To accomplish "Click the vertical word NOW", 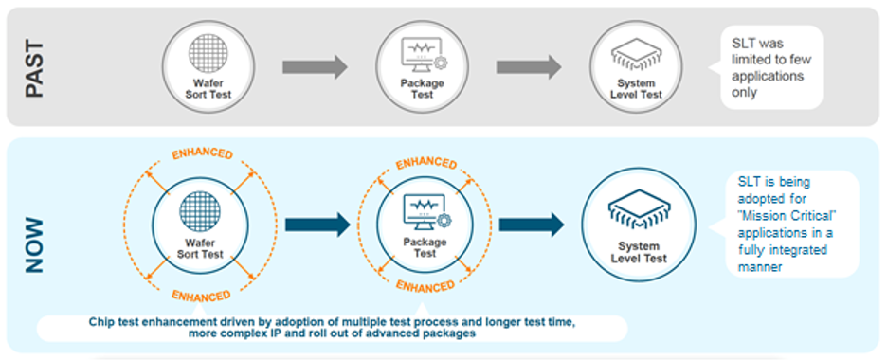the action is [x=34, y=245].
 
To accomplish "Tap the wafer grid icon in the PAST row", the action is [x=208, y=55].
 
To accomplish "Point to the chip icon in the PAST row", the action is [x=636, y=54].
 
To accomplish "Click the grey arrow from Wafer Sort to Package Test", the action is [x=315, y=67].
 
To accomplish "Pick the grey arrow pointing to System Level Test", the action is [x=529, y=67].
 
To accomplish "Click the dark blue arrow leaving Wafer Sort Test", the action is [x=317, y=225].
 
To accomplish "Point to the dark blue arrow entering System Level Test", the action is [x=532, y=225].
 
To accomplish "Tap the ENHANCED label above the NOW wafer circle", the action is [x=202, y=154].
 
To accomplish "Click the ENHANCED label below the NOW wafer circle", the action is [x=201, y=295].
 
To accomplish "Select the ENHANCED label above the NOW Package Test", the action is [x=425, y=164].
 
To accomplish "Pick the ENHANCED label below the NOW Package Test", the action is [x=425, y=285].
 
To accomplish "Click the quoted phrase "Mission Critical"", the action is [x=787, y=216].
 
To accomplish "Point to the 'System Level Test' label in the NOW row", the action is [x=639, y=253].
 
